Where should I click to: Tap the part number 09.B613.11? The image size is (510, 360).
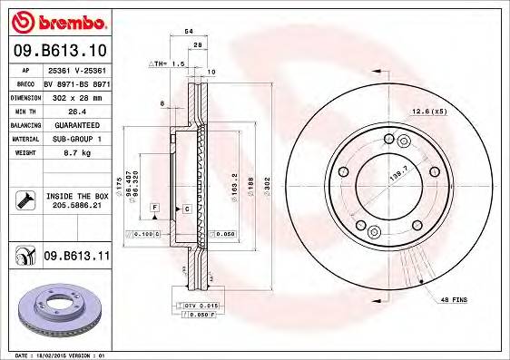pos(76,257)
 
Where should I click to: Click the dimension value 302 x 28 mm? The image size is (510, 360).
pos(76,97)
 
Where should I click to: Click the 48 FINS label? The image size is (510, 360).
pos(453,297)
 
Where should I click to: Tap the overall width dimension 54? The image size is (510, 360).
pos(189,32)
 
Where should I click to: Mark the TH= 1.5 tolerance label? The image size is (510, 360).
pos(166,65)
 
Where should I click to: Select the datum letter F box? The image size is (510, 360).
pos(155,209)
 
